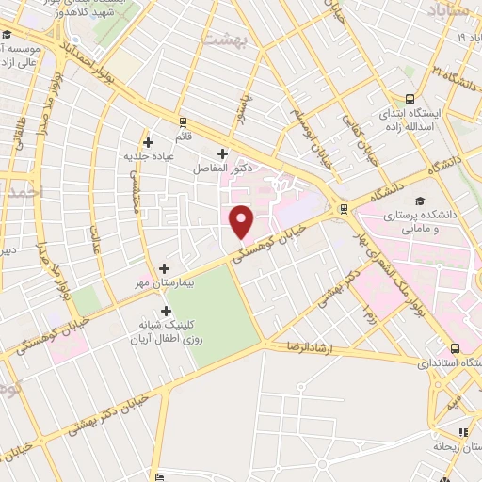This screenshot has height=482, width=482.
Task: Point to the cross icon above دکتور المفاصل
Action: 222,153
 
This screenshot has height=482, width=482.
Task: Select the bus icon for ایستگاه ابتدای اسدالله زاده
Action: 410,99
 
